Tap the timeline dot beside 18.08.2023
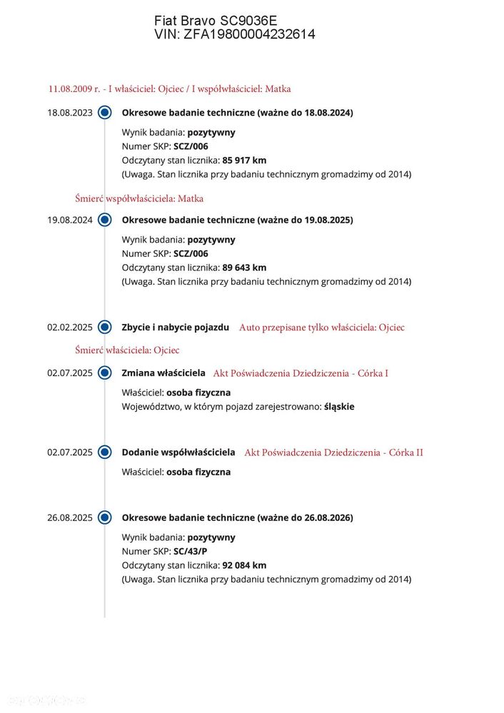(105, 112)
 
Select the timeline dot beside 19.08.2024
(105, 220)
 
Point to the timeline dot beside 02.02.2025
(105, 328)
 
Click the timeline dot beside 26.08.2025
(105, 517)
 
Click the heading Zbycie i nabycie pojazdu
(176, 327)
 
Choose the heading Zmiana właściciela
(163, 373)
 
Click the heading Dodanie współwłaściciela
(178, 452)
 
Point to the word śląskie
(339, 406)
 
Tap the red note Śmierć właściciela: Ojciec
(127, 350)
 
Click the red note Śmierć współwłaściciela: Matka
(139, 198)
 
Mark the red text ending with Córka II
(333, 452)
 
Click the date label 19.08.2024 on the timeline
(70, 220)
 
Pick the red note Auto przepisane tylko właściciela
(321, 328)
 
